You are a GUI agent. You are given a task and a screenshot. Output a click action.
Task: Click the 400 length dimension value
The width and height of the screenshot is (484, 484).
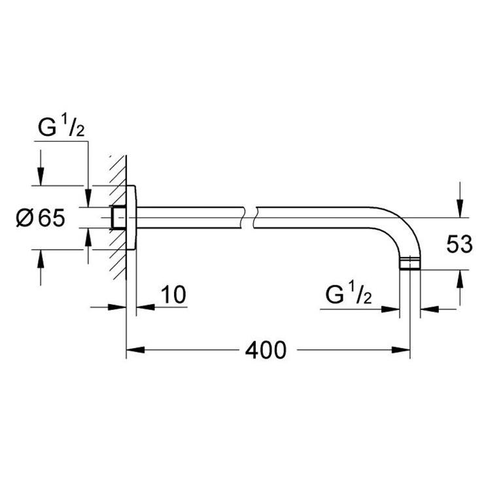[x=266, y=351]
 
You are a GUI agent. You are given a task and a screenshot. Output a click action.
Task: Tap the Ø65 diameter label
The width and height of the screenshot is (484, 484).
[x=41, y=218]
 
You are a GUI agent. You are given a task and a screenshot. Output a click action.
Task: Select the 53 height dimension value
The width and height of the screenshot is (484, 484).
[x=459, y=244]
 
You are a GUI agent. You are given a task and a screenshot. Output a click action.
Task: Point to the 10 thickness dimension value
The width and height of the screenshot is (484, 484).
[x=173, y=294]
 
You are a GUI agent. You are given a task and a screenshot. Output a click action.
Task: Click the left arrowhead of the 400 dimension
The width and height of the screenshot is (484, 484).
[x=135, y=350]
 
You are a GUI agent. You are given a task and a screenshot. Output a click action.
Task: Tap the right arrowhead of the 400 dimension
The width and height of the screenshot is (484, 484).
[x=401, y=350]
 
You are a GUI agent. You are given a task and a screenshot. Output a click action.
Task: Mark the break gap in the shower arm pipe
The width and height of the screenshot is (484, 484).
[x=249, y=218]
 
